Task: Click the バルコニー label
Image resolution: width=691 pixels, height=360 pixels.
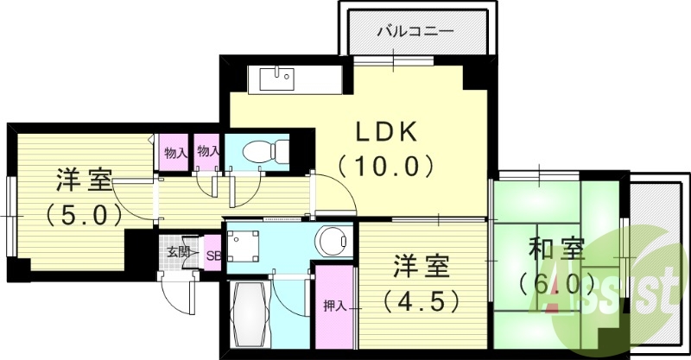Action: tap(415, 32)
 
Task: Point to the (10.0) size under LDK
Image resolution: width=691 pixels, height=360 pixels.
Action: tap(385, 164)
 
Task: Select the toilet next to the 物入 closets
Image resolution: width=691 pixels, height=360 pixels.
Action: tap(263, 152)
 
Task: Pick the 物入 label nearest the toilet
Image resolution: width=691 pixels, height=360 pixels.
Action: tap(207, 152)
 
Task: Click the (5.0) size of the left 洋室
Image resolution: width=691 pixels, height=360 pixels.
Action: tap(84, 213)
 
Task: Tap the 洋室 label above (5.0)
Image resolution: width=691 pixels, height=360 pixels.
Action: tap(84, 181)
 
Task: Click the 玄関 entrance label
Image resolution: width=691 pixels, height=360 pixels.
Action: tap(178, 253)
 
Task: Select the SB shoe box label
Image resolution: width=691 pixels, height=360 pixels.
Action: tap(212, 255)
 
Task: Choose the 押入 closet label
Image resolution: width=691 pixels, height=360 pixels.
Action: tap(334, 305)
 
